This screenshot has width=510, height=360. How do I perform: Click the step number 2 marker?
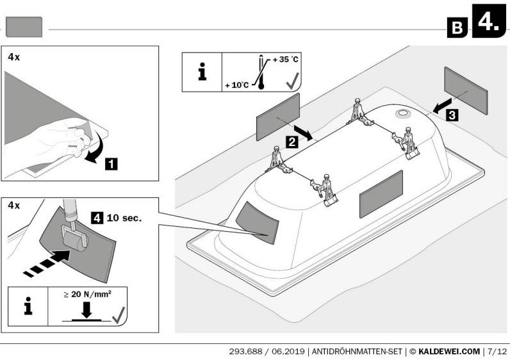(x=291, y=142)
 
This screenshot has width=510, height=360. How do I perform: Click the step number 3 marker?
(x=452, y=116)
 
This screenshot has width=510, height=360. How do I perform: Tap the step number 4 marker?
(x=97, y=217)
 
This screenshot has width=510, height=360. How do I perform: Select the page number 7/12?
(x=497, y=350)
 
